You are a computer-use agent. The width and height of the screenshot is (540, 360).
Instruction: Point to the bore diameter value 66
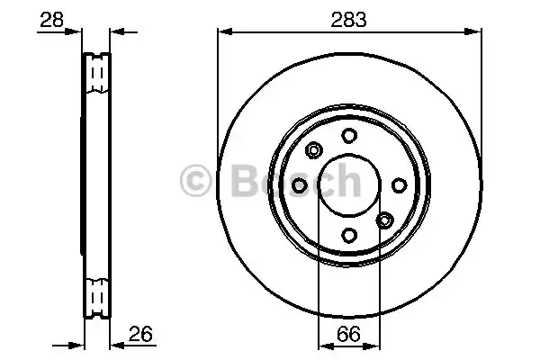coord(349,335)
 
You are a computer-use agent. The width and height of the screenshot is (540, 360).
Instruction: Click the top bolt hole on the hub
coord(348,134)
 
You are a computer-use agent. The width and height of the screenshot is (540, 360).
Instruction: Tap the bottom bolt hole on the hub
coord(348,235)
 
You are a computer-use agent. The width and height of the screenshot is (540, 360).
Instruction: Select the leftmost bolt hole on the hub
coord(299,184)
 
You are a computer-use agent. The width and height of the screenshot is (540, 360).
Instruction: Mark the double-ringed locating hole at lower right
coord(384,220)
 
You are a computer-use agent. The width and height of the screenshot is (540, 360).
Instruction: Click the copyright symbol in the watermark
coord(197,182)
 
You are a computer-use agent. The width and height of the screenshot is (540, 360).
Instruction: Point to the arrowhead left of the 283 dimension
coord(223,32)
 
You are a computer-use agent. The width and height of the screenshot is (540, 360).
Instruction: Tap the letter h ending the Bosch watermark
coord(346,182)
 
